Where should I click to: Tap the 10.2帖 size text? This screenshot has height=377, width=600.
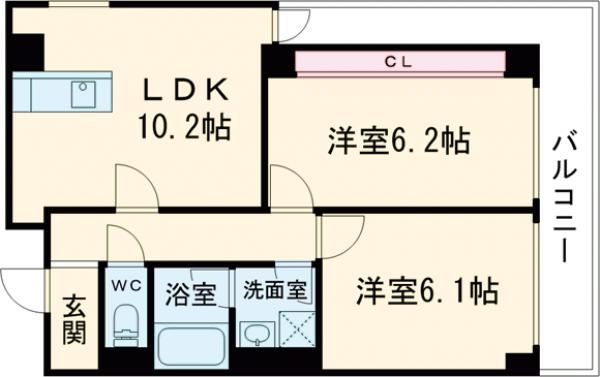pos(187,128)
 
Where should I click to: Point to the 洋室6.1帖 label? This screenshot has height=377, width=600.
pos(425,292)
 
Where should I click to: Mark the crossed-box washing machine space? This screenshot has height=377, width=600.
pos(297,329)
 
